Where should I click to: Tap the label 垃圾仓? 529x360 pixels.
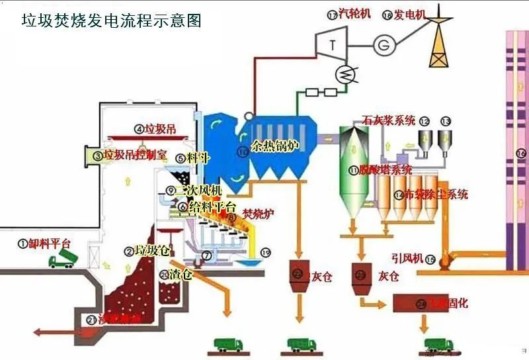point(151,251)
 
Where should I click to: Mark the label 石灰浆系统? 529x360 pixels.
point(389,120)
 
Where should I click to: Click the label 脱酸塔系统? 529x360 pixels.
point(386,170)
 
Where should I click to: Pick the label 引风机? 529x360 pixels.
point(407,259)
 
